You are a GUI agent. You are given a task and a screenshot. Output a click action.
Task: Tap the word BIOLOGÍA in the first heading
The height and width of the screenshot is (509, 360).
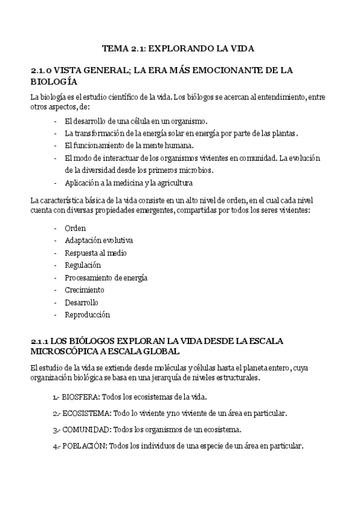pyautogui.click(x=53, y=81)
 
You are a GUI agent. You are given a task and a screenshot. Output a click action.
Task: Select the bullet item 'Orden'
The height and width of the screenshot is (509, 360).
pyautogui.click(x=75, y=228)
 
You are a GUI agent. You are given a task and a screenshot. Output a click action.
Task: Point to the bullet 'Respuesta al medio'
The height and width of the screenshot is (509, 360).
pyautogui.click(x=95, y=253)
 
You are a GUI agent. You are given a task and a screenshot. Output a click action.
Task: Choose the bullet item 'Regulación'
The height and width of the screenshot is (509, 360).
pyautogui.click(x=83, y=265)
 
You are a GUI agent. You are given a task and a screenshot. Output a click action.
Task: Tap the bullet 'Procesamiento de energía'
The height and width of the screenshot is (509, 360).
pyautogui.click(x=106, y=277)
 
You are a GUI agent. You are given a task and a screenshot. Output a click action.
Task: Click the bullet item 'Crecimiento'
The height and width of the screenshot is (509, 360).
pyautogui.click(x=84, y=290)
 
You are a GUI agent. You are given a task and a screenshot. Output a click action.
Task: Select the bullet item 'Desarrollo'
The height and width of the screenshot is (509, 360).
pyautogui.click(x=82, y=302)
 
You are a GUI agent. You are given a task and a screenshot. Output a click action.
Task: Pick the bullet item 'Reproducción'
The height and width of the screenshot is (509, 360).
pyautogui.click(x=88, y=315)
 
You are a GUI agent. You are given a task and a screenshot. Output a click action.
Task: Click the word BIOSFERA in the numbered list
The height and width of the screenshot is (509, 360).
pyautogui.click(x=81, y=397)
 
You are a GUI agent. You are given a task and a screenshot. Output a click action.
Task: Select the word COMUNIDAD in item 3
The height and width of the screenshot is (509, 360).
pyautogui.click(x=86, y=430)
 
